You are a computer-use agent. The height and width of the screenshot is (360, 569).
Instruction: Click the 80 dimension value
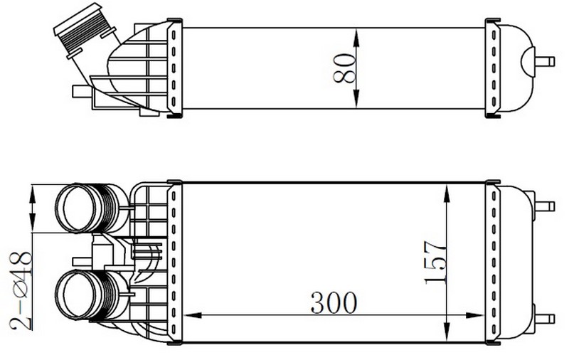pos(344,68)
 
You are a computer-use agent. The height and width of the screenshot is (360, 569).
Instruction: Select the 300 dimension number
pos(334,302)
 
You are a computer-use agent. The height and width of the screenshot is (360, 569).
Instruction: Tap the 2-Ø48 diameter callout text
pos(21,290)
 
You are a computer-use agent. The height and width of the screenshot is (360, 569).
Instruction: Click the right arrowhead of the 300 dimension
pos(475,315)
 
